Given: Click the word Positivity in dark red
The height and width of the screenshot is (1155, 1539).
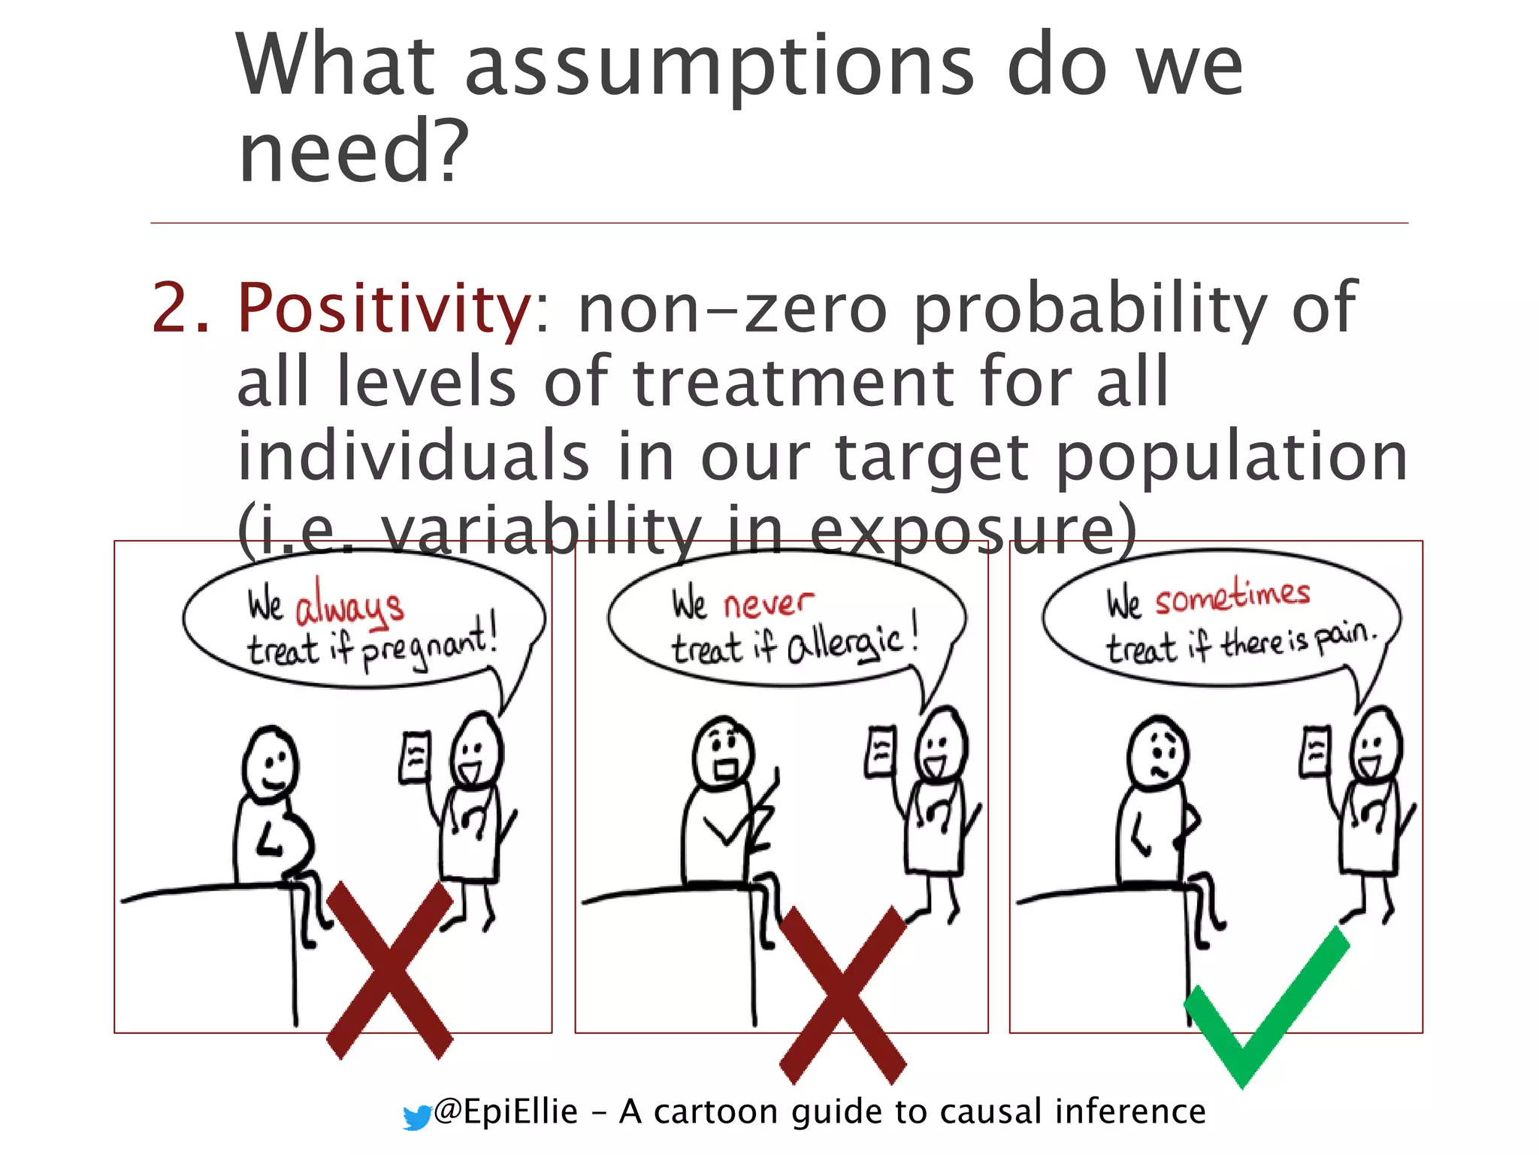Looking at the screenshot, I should pyautogui.click(x=383, y=309).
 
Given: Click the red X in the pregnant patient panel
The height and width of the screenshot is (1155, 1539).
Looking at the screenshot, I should pyautogui.click(x=389, y=970).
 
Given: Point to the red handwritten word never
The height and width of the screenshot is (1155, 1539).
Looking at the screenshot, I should pyautogui.click(x=768, y=602).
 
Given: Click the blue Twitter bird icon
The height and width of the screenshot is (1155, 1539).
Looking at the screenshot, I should pyautogui.click(x=416, y=1117).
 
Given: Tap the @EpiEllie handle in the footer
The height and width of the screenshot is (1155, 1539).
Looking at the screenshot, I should pyautogui.click(x=506, y=1111).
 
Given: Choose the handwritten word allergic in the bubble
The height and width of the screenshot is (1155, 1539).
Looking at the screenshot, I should pyautogui.click(x=845, y=644).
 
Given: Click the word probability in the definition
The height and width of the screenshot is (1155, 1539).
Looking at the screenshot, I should pyautogui.click(x=1090, y=309).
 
